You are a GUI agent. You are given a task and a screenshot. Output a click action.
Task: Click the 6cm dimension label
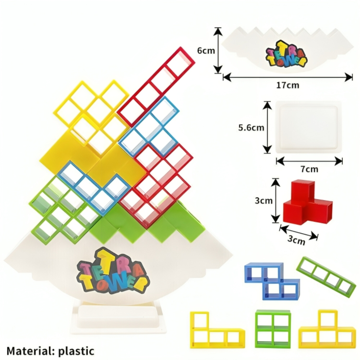pos(206,50)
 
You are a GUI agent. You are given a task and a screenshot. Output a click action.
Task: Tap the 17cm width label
pos(288,85)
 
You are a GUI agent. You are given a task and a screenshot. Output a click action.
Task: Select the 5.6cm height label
pos(251,127)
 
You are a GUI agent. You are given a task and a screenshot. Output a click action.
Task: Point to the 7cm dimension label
pos(309,169)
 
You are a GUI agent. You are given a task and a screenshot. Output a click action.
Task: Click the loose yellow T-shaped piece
pos(327,332)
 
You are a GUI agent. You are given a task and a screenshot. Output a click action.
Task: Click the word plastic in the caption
pos(76,351)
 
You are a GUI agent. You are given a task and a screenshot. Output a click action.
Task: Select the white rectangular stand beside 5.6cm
pos(308,126)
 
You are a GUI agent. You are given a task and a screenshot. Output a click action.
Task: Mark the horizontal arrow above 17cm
pos(288,77)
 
